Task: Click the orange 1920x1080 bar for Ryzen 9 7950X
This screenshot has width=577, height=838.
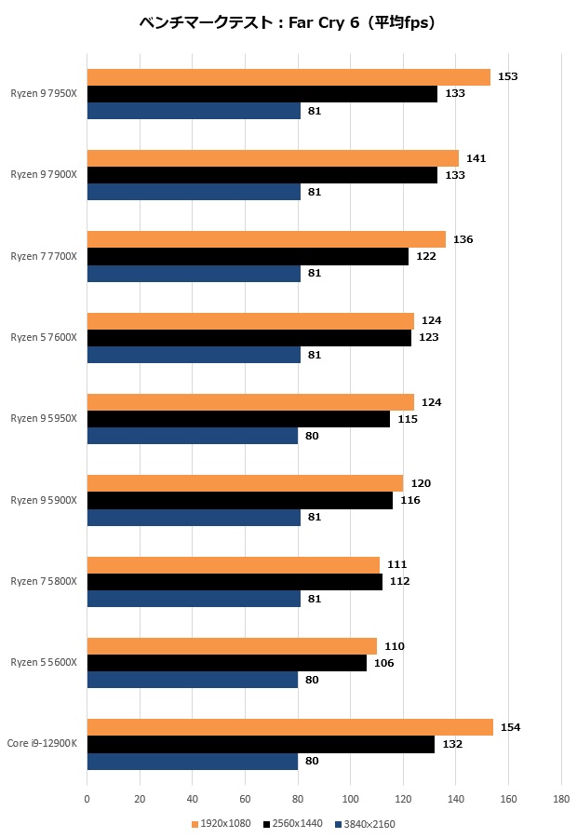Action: coord(288,77)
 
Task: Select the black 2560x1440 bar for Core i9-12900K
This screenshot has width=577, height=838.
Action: coord(261,745)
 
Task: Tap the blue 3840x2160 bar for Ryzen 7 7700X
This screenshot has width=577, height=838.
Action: coord(194,274)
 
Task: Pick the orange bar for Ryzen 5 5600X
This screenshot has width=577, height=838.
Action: coord(232,646)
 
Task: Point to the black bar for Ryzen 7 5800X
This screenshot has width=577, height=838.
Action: coord(235,582)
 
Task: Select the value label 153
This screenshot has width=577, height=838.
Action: coord(508,76)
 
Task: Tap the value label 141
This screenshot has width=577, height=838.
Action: coord(476,158)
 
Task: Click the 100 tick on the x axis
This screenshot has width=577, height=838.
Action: coord(350,799)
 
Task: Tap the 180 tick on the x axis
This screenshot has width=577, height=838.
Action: coord(561,799)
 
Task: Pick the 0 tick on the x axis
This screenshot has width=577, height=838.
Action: coord(87,799)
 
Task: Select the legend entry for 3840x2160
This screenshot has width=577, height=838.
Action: coord(369,823)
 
